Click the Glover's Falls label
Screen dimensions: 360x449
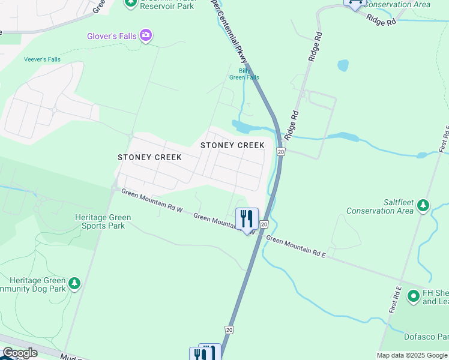tap(112, 36)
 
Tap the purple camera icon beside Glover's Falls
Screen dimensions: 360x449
tap(146, 36)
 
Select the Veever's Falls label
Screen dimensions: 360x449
tap(42, 59)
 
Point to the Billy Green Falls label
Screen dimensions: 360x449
tap(244, 74)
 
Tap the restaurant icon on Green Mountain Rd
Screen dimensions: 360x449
tap(247, 219)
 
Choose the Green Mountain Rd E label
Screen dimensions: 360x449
tap(295, 247)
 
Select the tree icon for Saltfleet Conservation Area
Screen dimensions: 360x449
tap(423, 206)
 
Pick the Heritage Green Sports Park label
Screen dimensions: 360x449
tap(100, 221)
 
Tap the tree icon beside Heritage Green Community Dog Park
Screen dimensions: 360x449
tap(74, 283)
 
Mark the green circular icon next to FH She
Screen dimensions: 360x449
tap(413, 296)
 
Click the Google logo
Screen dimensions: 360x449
tap(19, 353)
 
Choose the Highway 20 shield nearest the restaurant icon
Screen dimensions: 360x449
tap(264, 224)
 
